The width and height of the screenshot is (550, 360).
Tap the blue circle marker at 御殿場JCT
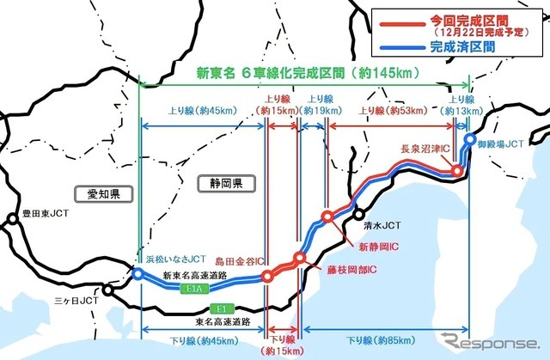click(x=470, y=137)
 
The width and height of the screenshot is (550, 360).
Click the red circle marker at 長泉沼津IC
click(x=457, y=171)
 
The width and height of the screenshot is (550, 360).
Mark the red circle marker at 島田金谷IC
click(x=267, y=277)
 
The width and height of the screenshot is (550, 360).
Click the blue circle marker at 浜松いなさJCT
click(x=137, y=274)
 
